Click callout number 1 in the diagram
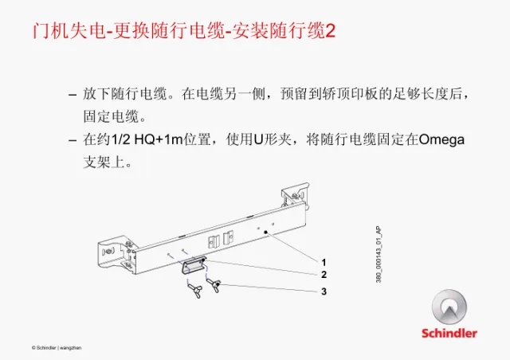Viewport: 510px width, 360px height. pos(324,262)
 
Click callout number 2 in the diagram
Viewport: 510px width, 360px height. pos(324,275)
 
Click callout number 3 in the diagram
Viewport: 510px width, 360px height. pos(324,291)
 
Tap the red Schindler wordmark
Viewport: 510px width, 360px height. pos(449,333)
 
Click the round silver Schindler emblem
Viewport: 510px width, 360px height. pos(449,307)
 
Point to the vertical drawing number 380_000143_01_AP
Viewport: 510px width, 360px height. pos(379,255)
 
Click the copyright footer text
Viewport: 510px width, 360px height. pos(57,347)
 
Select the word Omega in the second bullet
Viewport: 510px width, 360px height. pos(441,140)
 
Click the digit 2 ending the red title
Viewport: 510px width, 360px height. pos(330,31)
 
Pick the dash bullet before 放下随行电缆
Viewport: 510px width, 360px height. pos(73,96)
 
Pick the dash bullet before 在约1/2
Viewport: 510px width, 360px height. pos(73,140)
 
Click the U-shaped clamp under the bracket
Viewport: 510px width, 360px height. pos(193,265)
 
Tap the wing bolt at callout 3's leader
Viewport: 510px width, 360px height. pos(214,285)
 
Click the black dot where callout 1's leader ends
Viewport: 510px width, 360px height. pos(265,233)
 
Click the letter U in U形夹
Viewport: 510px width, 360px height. pos(258,140)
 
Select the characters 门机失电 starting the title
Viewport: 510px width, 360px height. pos(69,31)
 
